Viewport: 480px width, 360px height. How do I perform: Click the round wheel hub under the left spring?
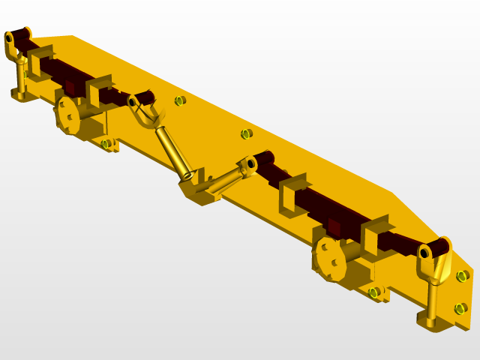67,115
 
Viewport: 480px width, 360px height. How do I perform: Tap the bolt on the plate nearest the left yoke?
180,100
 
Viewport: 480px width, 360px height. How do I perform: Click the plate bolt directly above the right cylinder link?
247,133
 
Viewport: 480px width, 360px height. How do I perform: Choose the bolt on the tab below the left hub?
106,143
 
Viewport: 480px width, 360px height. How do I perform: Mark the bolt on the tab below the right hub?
373,292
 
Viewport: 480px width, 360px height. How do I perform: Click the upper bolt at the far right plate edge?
463,276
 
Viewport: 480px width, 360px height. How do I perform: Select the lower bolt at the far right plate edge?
460,308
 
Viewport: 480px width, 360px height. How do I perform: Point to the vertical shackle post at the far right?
433,300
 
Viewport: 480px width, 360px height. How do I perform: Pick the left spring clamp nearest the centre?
98,90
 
